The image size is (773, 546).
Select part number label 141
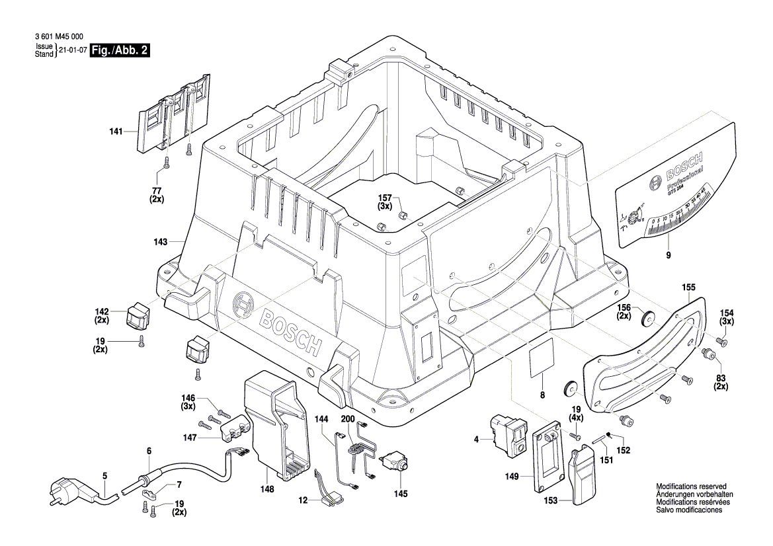(116, 132)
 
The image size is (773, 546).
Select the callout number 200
(348, 419)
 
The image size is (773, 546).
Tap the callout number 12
(302, 501)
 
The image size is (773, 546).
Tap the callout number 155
(688, 288)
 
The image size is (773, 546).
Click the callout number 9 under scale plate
(667, 255)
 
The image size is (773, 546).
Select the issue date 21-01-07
(73, 50)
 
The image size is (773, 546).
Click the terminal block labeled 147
(235, 430)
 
